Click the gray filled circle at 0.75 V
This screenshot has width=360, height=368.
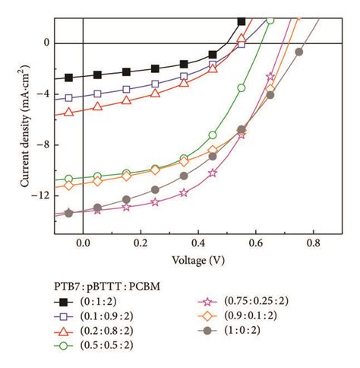[299, 52]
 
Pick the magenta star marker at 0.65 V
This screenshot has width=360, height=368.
[270, 76]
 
